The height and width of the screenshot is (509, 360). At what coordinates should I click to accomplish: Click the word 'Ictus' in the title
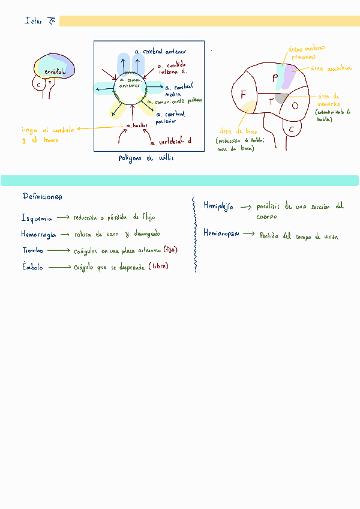pos(33,21)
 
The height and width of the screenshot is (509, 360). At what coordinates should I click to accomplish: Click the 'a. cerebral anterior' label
pos(160,52)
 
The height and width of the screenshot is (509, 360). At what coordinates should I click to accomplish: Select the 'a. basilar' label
pos(137,125)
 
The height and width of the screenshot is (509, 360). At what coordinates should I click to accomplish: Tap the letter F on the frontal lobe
pos(243,95)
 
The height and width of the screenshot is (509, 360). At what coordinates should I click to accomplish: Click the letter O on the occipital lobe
pos(295,106)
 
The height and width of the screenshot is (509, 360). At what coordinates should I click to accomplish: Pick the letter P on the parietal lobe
pos(275,76)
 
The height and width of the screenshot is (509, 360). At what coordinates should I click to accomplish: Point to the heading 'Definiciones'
pos(42,197)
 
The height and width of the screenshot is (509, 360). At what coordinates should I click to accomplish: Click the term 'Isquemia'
pos(37,218)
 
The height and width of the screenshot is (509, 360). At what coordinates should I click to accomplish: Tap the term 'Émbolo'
pos(33,267)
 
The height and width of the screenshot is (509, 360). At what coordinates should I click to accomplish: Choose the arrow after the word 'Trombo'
pos(59,250)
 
